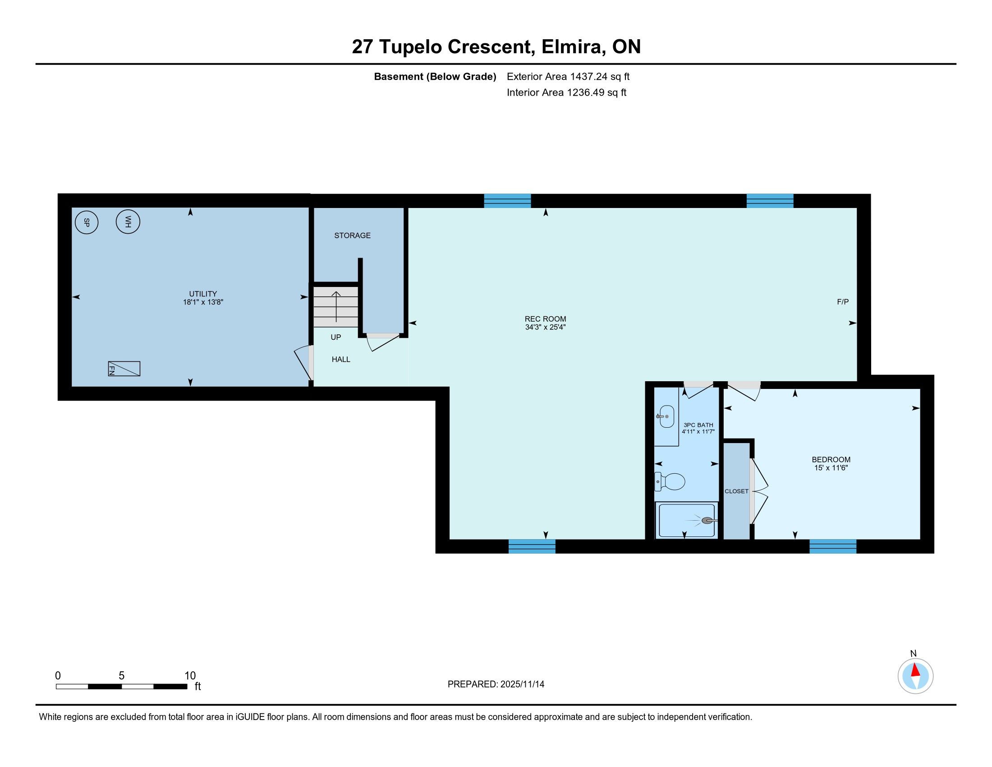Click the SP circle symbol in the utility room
click(x=86, y=222)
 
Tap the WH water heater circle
click(x=128, y=222)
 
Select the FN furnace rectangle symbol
click(x=124, y=369)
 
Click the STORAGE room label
click(x=353, y=236)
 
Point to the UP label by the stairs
click(x=335, y=337)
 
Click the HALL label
click(x=340, y=360)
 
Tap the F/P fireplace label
click(x=843, y=302)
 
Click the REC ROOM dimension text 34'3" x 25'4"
click(x=545, y=327)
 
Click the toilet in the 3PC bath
click(x=670, y=482)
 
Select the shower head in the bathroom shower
click(x=709, y=521)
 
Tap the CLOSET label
click(x=736, y=491)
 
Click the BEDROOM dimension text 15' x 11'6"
click(x=831, y=467)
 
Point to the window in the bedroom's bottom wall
click(x=832, y=546)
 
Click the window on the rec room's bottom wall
click(x=532, y=546)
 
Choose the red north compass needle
click(x=915, y=670)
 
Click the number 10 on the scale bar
click(x=190, y=676)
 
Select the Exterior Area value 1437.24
click(x=588, y=76)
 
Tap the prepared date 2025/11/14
click(x=522, y=684)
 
